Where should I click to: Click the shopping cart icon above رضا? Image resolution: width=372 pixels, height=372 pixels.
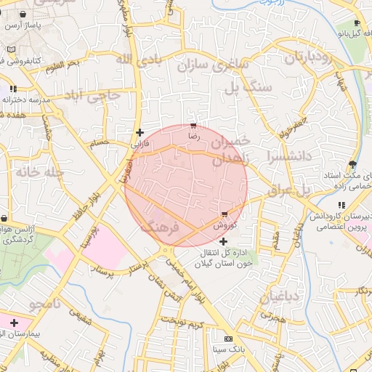(x=193, y=126)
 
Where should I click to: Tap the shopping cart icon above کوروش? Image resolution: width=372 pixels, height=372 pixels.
(x=224, y=214)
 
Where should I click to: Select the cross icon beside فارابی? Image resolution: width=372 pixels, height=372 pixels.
(x=139, y=132)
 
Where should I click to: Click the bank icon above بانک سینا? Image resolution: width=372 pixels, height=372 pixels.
(x=228, y=339)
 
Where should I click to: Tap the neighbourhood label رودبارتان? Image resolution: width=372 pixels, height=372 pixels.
(x=312, y=59)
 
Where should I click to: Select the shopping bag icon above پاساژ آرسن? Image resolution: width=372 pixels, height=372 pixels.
(x=24, y=14)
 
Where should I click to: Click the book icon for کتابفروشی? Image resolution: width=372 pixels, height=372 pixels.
(x=9, y=49)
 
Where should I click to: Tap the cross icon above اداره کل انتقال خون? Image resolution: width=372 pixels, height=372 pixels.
(x=223, y=240)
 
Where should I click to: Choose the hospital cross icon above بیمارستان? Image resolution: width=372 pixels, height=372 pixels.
(x=14, y=323)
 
